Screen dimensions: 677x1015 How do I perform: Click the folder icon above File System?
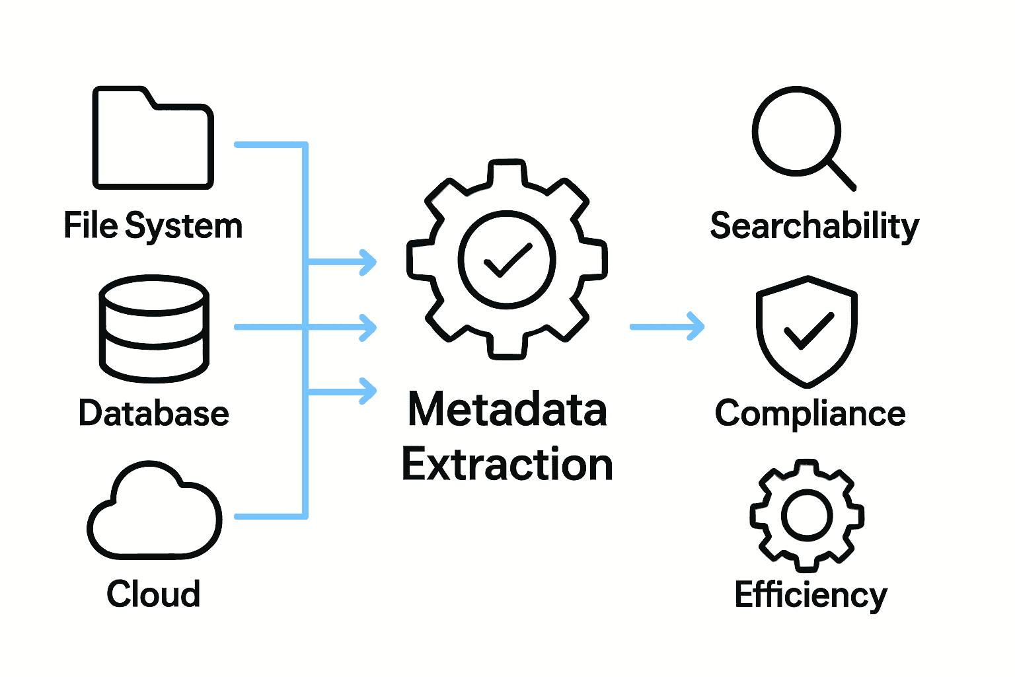(x=153, y=139)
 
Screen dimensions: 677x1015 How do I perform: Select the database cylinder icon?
(x=154, y=329)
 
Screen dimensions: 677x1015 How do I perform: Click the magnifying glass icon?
(x=797, y=131)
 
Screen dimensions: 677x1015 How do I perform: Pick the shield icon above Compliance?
(x=807, y=331)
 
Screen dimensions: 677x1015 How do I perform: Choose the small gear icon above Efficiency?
(x=806, y=515)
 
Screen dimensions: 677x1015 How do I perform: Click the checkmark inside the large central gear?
(x=507, y=260)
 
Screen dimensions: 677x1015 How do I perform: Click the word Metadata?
(x=507, y=409)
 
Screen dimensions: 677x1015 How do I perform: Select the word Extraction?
(x=507, y=465)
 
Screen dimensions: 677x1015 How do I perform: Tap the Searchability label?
(x=814, y=227)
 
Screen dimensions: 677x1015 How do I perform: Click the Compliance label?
(x=810, y=415)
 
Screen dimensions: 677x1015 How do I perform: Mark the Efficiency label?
(x=811, y=595)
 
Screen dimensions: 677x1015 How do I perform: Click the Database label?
(x=154, y=413)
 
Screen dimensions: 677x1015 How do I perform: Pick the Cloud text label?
(x=153, y=594)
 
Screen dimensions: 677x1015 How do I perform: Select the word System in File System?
(x=184, y=227)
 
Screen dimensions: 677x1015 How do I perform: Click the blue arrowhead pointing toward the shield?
(x=695, y=327)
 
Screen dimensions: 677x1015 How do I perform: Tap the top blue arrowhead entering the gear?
(x=367, y=262)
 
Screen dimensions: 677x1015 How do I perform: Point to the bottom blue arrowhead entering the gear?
(x=367, y=391)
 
